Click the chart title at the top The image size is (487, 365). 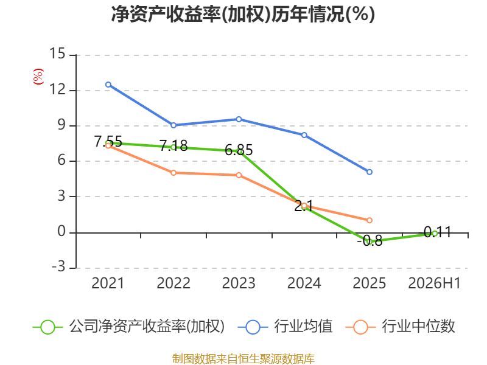coord(243,14)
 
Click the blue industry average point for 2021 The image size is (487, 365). coord(108,85)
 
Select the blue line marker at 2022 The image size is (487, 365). coord(173,125)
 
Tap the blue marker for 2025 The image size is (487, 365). coord(370,172)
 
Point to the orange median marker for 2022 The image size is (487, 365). coord(173,173)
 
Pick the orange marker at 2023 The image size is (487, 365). coord(239,175)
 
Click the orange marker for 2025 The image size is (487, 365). coord(370,220)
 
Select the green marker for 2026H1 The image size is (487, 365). coord(435,234)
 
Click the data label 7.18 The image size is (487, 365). coord(173,145)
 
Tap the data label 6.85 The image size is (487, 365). coord(239,150)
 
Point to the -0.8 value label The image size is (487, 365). coord(370,241)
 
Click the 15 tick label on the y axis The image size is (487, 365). coord(57,54)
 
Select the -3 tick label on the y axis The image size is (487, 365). coord(58,266)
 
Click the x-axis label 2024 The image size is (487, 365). coord(304,283)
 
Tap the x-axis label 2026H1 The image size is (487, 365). coord(434,283)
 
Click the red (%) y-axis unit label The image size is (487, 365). coord(38,77)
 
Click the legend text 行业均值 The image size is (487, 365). coord(303,327)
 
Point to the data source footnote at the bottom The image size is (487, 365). coord(243,359)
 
